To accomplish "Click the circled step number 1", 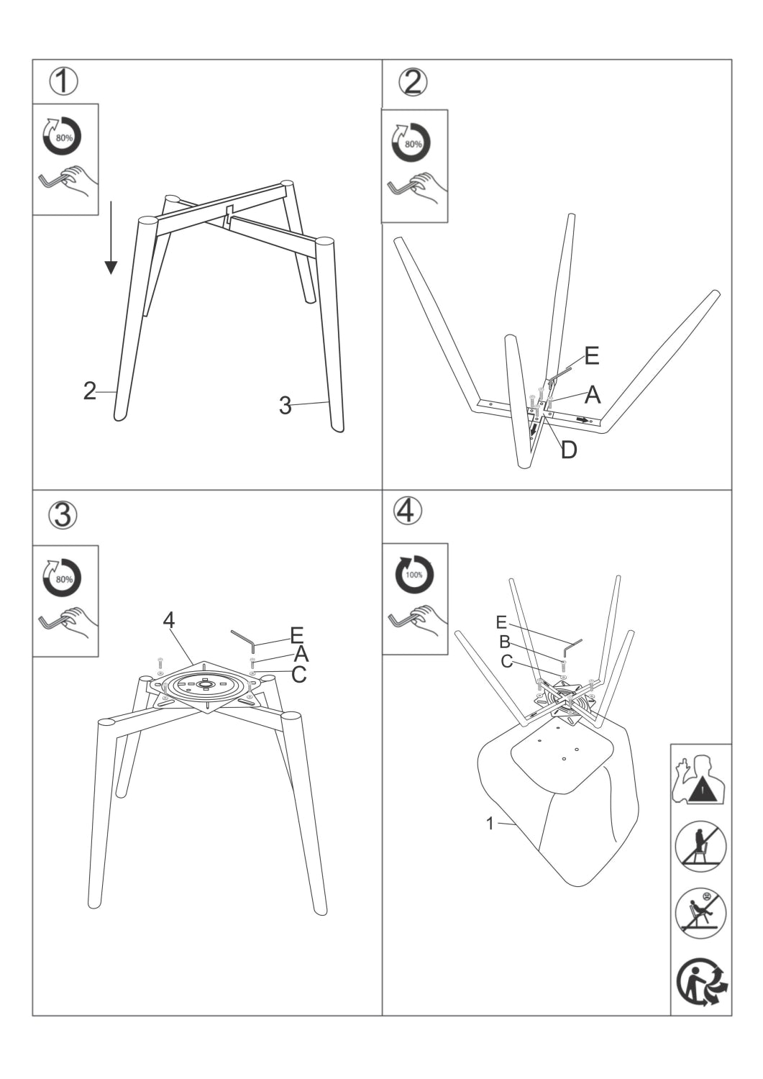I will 63,81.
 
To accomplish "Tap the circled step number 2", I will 412,83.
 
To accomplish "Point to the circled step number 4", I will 407,510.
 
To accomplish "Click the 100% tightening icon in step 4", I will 414,574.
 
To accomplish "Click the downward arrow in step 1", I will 110,238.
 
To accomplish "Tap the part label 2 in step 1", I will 89,391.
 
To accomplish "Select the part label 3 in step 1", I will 285,406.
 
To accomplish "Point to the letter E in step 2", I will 591,355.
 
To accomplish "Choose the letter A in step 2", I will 593,394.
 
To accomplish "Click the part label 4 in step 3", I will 169,619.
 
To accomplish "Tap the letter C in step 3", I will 299,674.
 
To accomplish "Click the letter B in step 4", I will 504,642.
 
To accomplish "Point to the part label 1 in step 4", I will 490,824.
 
